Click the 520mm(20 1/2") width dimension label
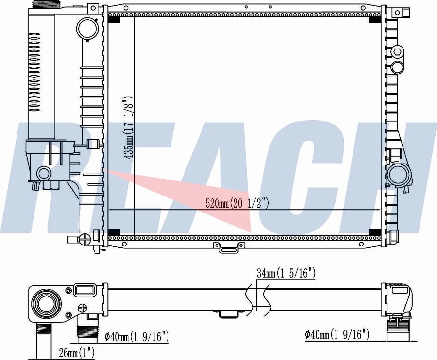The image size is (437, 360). [237, 203]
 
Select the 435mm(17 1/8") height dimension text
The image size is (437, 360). [129, 128]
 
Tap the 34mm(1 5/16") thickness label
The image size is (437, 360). [286, 274]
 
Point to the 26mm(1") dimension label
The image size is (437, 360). [77, 353]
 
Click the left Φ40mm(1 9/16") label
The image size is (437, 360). [137, 337]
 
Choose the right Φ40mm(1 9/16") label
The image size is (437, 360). [337, 334]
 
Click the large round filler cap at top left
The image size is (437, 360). [87, 29]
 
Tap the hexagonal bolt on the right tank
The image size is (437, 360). [397, 52]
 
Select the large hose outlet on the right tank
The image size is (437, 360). [399, 175]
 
